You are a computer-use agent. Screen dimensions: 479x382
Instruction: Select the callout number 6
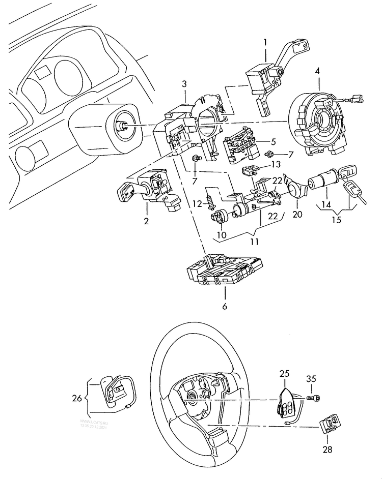pyautogui.click(x=225, y=306)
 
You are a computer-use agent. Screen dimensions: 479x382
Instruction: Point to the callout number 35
pyautogui.click(x=311, y=379)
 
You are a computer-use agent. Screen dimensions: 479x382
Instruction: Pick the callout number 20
pyautogui.click(x=297, y=215)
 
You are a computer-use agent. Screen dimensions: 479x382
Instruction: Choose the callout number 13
pyautogui.click(x=276, y=164)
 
